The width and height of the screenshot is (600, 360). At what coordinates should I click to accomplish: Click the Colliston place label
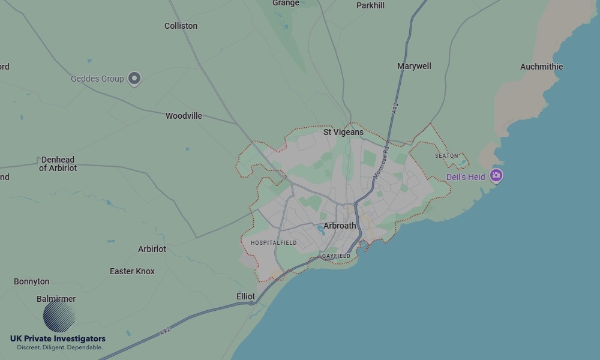click(181, 26)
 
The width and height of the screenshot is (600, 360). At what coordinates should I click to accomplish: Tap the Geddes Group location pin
click(135, 79)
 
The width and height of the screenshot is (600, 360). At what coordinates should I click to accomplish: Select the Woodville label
click(184, 116)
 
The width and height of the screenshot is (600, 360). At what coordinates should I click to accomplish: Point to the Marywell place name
click(414, 66)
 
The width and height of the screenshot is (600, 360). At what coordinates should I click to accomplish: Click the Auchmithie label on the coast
click(541, 67)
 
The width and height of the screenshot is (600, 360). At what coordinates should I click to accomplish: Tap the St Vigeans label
click(343, 132)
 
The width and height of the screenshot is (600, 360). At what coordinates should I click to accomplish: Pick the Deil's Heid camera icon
click(496, 176)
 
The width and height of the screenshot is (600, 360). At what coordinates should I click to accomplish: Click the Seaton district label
click(446, 156)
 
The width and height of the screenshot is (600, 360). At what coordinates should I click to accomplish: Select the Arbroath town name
click(340, 226)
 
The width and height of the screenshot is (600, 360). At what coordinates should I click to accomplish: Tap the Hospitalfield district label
click(274, 242)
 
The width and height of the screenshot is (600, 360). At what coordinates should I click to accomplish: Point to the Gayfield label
click(336, 256)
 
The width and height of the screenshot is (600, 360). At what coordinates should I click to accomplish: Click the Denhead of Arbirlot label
click(58, 164)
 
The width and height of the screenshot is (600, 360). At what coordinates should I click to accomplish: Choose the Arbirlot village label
click(152, 249)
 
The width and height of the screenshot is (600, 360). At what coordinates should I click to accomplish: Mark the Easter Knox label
click(132, 271)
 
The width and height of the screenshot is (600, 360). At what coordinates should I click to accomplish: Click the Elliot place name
click(246, 296)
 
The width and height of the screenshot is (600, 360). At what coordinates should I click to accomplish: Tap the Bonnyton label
click(32, 281)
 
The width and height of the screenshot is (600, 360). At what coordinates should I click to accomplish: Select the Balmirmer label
click(56, 299)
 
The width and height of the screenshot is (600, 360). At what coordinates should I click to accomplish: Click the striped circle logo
click(59, 316)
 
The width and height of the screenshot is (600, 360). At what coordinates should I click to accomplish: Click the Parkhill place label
click(370, 5)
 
